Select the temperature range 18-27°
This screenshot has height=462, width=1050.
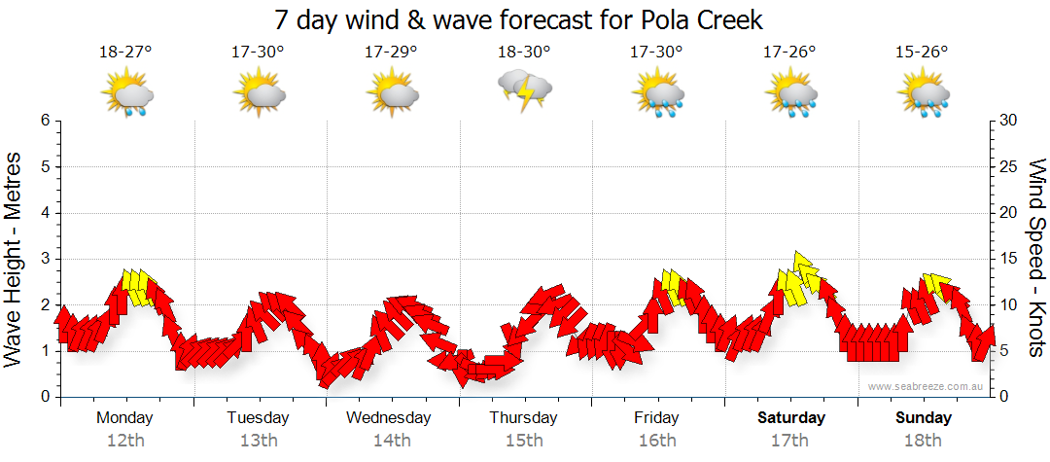(x=125, y=52)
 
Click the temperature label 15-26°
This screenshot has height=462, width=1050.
(x=923, y=52)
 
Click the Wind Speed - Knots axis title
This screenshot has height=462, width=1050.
(x=1036, y=258)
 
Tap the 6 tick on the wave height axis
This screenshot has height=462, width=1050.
(x=44, y=121)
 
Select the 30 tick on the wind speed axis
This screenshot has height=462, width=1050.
(x=1008, y=121)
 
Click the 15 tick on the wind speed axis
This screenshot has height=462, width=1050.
(x=1008, y=259)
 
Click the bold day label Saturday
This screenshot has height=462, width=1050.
(x=790, y=418)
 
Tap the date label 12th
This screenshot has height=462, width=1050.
(x=125, y=441)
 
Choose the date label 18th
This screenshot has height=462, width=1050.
(x=923, y=441)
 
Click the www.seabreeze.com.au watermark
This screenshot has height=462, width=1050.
(x=927, y=386)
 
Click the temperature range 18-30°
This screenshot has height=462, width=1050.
(x=524, y=52)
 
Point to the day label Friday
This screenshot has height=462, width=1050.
(x=657, y=418)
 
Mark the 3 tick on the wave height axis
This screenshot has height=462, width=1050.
(x=44, y=259)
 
